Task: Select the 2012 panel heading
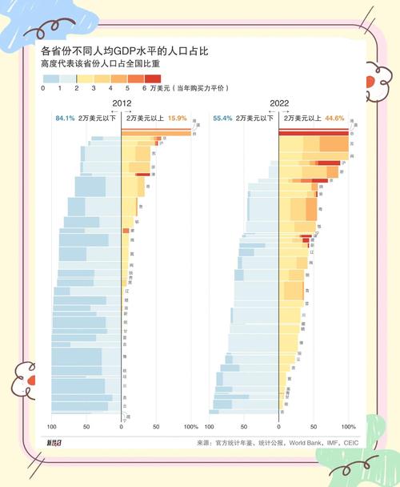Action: pos(122,104)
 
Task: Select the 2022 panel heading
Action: pos(279,104)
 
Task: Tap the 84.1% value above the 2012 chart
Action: pos(65,119)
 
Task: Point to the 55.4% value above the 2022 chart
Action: pos(222,119)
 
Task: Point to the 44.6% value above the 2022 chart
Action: pos(334,119)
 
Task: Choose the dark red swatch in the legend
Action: pos(153,78)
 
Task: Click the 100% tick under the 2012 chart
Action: pos(190,427)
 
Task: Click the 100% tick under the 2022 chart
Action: pos(348,427)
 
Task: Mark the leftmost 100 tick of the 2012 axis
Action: pos(53,427)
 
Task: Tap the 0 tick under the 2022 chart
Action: pos(278,427)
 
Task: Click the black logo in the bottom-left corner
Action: pos(53,442)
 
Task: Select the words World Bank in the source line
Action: pos(305,442)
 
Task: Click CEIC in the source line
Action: pos(347,442)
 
